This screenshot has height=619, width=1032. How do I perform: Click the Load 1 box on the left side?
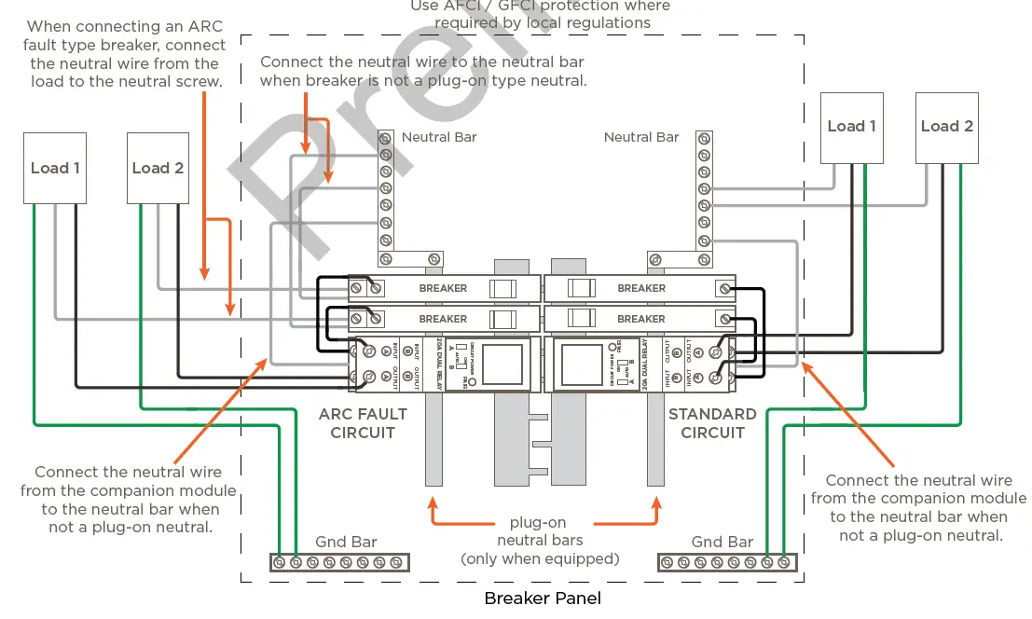tap(55, 168)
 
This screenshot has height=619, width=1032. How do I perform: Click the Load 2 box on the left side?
tap(158, 168)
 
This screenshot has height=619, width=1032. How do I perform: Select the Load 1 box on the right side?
tap(852, 127)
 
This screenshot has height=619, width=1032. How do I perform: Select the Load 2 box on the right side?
tap(946, 127)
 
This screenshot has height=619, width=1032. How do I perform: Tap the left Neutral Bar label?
tap(439, 137)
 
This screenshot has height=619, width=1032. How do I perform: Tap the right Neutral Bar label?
tap(641, 137)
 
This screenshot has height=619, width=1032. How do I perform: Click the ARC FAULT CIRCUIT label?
tap(363, 423)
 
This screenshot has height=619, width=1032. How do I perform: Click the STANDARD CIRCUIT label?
tap(712, 423)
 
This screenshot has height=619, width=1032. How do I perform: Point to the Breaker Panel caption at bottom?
tap(542, 598)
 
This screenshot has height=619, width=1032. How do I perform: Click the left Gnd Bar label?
tap(345, 542)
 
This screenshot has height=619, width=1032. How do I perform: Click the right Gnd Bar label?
tap(722, 542)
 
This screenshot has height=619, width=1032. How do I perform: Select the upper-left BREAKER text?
tap(443, 289)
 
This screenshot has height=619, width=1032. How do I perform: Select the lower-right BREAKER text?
tap(641, 319)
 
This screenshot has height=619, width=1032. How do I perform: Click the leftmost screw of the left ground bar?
tap(279, 562)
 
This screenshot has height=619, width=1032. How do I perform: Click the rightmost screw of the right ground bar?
tap(783, 562)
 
